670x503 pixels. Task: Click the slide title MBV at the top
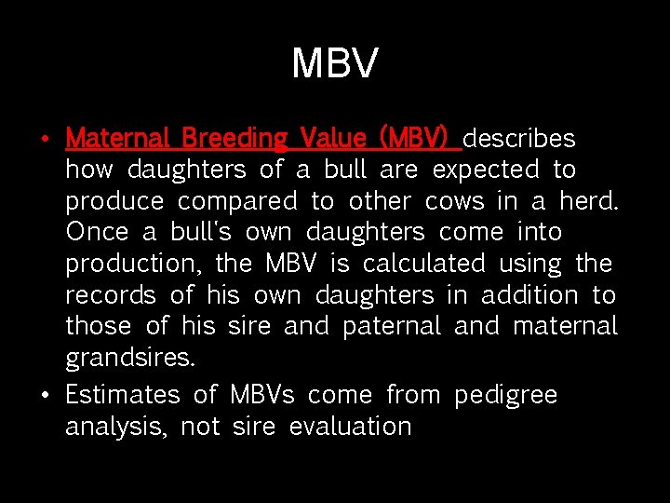click(x=335, y=63)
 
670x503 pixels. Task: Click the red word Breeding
click(x=234, y=139)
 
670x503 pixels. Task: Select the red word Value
click(x=333, y=139)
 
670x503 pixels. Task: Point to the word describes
click(x=519, y=139)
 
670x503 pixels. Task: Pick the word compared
click(x=238, y=202)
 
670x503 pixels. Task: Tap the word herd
click(x=589, y=201)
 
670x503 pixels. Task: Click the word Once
click(x=97, y=233)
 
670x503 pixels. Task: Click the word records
click(x=110, y=295)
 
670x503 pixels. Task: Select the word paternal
click(x=392, y=327)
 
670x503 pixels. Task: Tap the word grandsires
click(x=130, y=359)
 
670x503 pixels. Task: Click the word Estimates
click(x=122, y=395)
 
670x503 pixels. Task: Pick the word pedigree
click(x=505, y=396)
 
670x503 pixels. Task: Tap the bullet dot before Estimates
click(x=45, y=396)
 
